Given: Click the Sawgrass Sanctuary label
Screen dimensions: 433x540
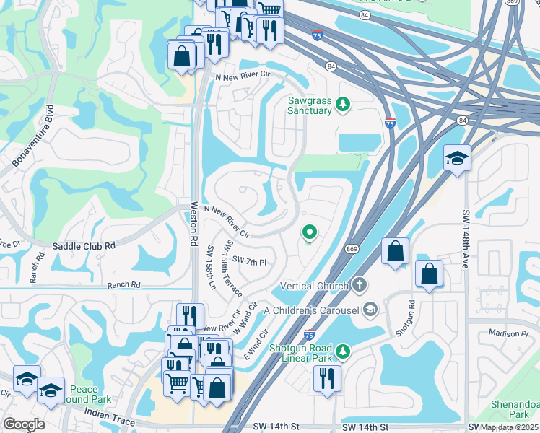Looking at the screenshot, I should [310, 105].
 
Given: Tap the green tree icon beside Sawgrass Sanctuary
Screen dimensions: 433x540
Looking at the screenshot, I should [344, 105].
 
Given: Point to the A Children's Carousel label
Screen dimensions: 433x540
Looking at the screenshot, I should [311, 310].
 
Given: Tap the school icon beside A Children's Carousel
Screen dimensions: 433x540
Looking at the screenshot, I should [370, 310].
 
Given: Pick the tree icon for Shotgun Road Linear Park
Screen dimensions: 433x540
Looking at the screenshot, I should [344, 351].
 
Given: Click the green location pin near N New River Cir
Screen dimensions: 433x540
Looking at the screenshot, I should [310, 232].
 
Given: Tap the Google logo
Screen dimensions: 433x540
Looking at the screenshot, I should [24, 424].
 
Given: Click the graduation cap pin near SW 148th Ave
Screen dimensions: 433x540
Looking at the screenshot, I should [456, 158].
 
